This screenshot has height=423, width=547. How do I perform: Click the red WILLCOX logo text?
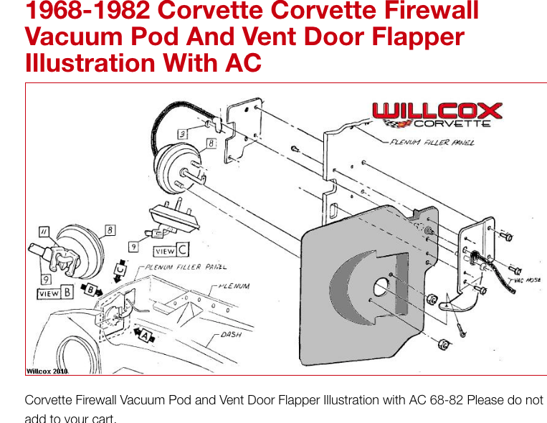coord(437,111)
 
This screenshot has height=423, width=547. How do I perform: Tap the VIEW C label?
coord(172,252)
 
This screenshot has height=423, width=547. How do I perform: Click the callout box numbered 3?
coord(184,134)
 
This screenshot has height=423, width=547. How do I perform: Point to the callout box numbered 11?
coord(43,231)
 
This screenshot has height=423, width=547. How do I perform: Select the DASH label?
coord(231,335)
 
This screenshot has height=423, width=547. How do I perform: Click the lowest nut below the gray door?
coord(444,345)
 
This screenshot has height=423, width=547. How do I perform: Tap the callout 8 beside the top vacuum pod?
coord(210,143)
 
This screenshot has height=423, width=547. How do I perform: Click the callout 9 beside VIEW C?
coord(133,247)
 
